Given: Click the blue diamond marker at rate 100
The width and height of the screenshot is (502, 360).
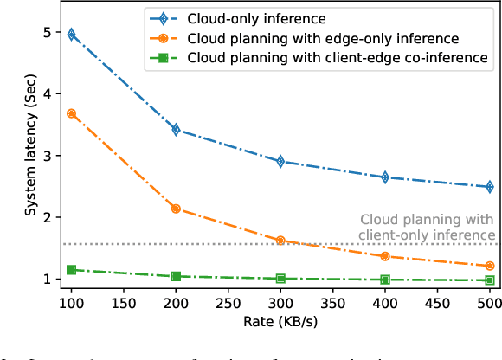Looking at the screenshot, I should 72,35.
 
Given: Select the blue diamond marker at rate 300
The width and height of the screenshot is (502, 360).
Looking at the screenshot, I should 280,161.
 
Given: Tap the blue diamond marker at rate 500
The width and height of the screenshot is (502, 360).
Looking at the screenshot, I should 490,187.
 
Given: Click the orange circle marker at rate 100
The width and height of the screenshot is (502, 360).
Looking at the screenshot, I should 72,113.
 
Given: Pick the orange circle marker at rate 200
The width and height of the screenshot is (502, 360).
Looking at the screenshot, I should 177,209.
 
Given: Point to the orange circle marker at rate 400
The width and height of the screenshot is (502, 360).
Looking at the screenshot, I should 385,256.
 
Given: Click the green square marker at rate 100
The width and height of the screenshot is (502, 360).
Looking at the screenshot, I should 72,270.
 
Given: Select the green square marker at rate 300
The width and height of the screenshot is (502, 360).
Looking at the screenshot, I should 280,279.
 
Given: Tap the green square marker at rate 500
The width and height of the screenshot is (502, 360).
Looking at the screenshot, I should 490,280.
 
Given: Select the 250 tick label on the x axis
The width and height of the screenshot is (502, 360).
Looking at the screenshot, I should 228,305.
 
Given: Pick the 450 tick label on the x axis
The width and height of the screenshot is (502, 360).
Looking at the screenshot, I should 437,305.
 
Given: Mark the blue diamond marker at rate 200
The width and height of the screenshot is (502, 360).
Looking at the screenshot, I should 177,130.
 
